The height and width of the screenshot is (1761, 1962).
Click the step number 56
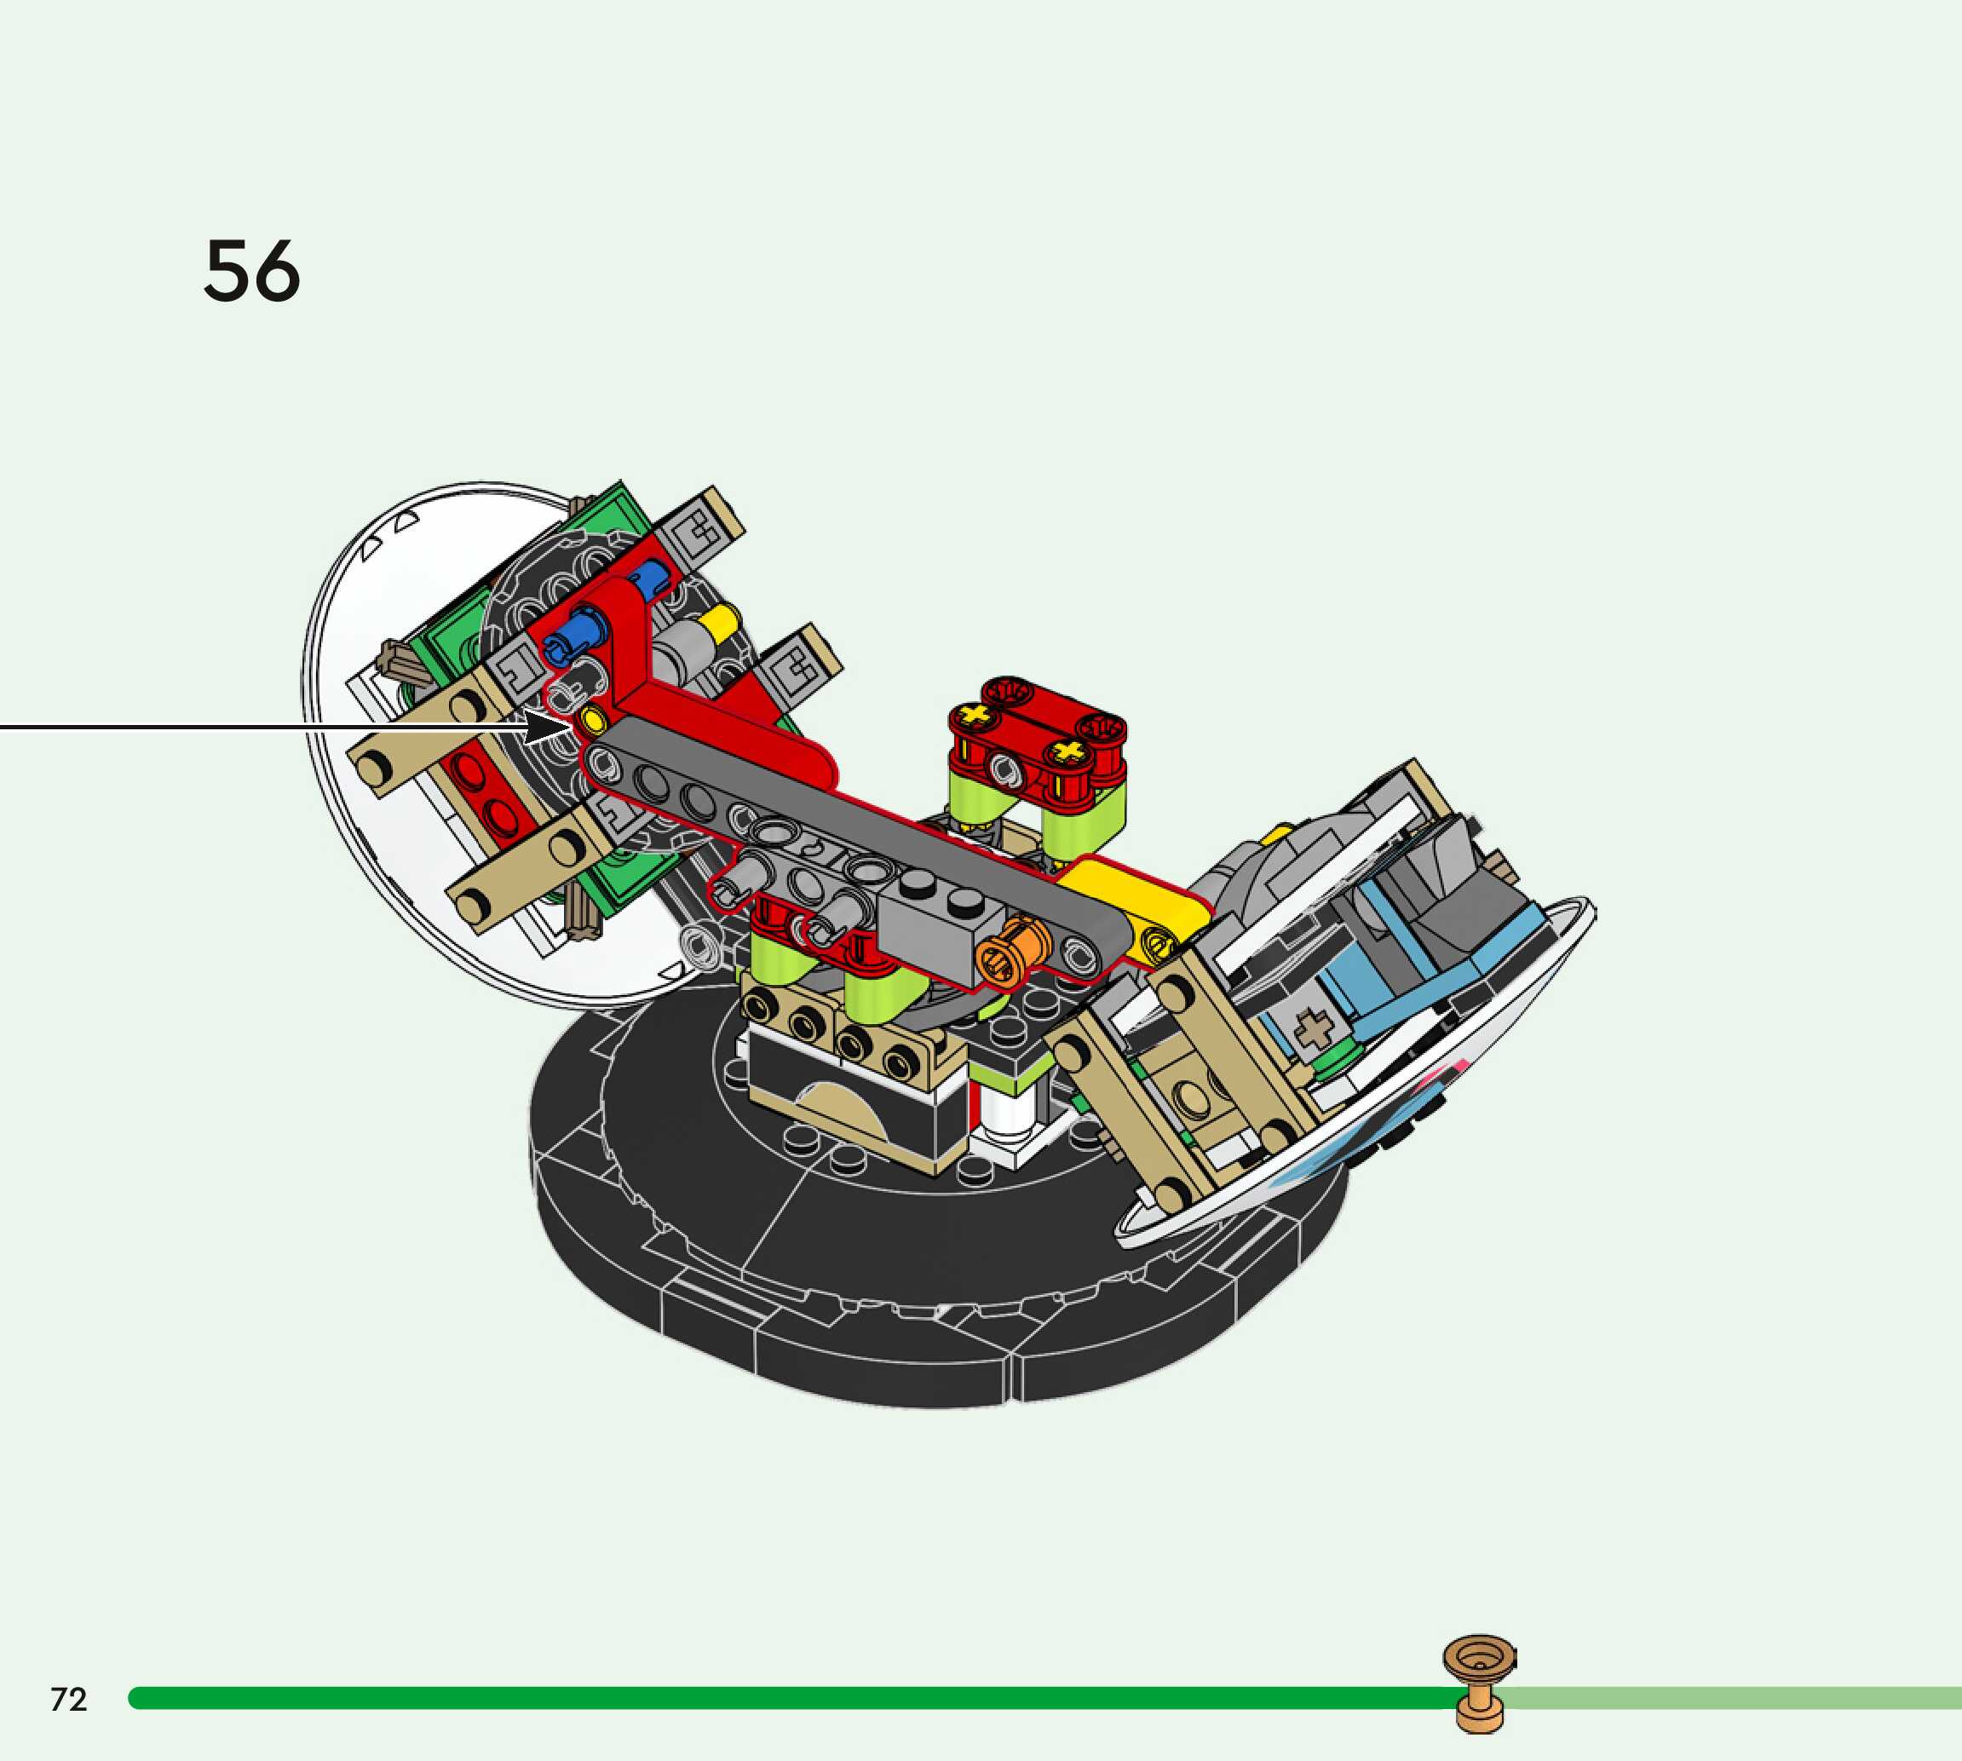(251, 271)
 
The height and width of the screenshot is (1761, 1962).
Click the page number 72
(69, 1699)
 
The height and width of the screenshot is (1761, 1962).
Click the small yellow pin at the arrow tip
(591, 719)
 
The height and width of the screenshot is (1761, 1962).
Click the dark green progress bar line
(774, 1698)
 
